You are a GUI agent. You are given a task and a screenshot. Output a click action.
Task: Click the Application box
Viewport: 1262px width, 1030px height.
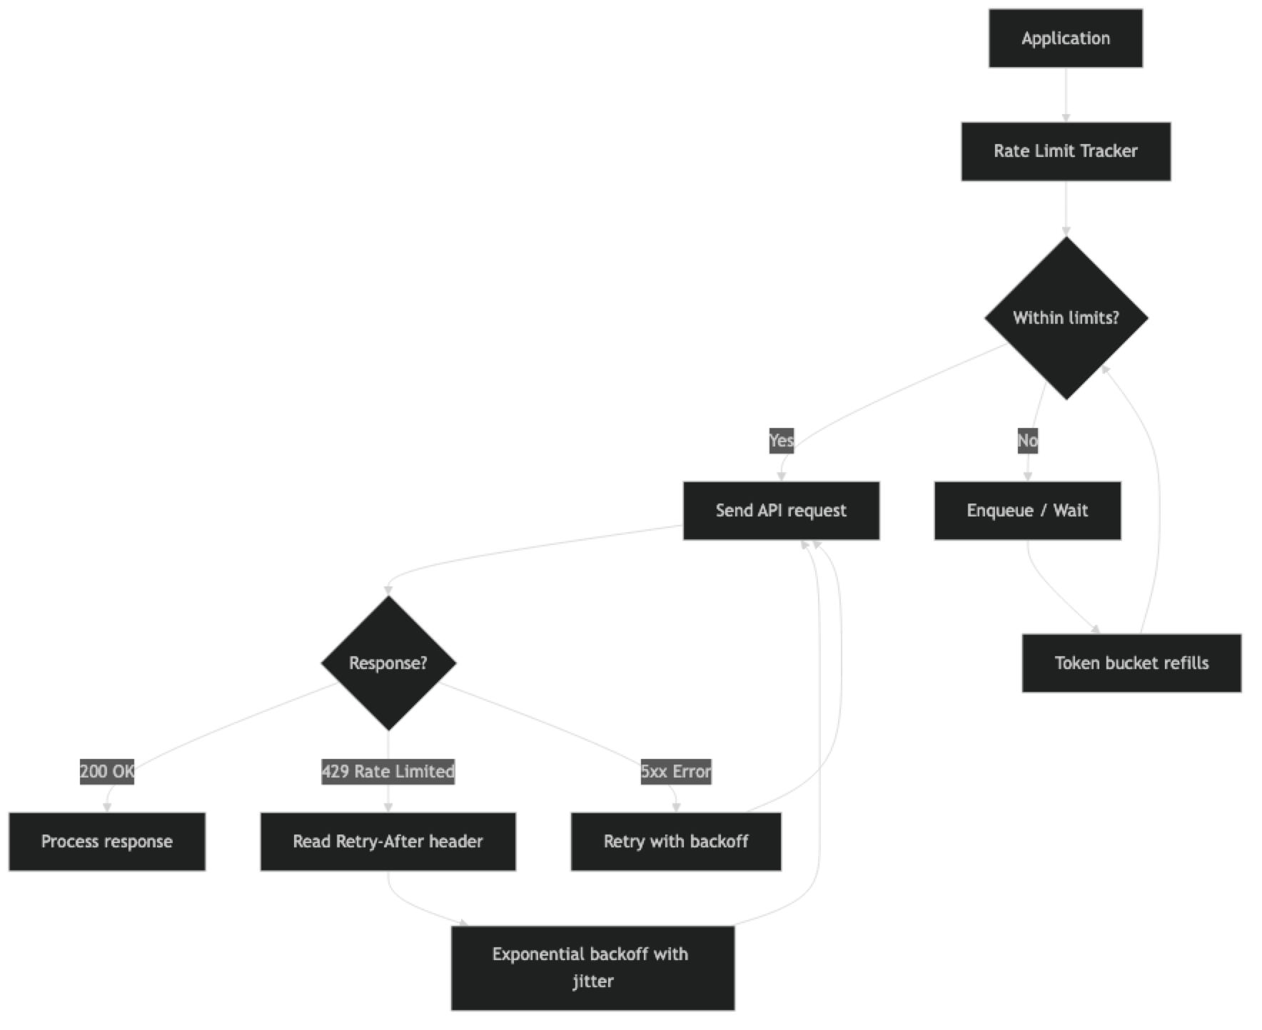(x=1066, y=39)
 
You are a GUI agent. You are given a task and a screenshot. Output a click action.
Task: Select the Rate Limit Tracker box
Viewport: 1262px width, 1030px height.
(x=1065, y=151)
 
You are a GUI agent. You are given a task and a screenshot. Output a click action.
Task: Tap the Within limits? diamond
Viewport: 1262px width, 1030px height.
(x=1066, y=318)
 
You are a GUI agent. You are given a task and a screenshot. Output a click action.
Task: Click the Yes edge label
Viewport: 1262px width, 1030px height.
(x=781, y=440)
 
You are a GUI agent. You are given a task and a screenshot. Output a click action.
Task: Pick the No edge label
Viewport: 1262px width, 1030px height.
(x=1027, y=440)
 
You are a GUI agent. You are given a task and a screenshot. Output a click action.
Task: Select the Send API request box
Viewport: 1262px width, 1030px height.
(x=781, y=511)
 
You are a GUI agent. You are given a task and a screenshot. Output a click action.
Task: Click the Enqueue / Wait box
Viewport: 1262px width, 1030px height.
(x=1027, y=511)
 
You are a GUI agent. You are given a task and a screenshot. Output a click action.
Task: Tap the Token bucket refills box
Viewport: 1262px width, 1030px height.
(x=1131, y=663)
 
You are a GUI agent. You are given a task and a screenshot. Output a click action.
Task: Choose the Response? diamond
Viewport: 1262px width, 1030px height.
(x=388, y=663)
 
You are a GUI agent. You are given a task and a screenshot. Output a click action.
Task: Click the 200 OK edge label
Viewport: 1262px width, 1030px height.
(x=107, y=771)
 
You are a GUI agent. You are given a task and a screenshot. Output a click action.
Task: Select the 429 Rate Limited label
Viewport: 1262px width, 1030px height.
(x=388, y=771)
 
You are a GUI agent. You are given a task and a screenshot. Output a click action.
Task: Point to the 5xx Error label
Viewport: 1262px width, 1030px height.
(x=675, y=771)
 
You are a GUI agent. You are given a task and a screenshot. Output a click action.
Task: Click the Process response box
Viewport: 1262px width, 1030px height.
(x=107, y=842)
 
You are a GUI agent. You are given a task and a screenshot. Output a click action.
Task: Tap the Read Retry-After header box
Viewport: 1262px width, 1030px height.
(x=388, y=842)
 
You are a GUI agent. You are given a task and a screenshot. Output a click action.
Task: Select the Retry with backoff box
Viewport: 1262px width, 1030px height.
(x=675, y=842)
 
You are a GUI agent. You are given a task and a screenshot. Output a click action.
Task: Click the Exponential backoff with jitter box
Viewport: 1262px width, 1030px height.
(x=592, y=968)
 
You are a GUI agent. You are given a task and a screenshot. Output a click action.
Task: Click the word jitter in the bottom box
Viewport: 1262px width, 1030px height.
(x=592, y=981)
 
